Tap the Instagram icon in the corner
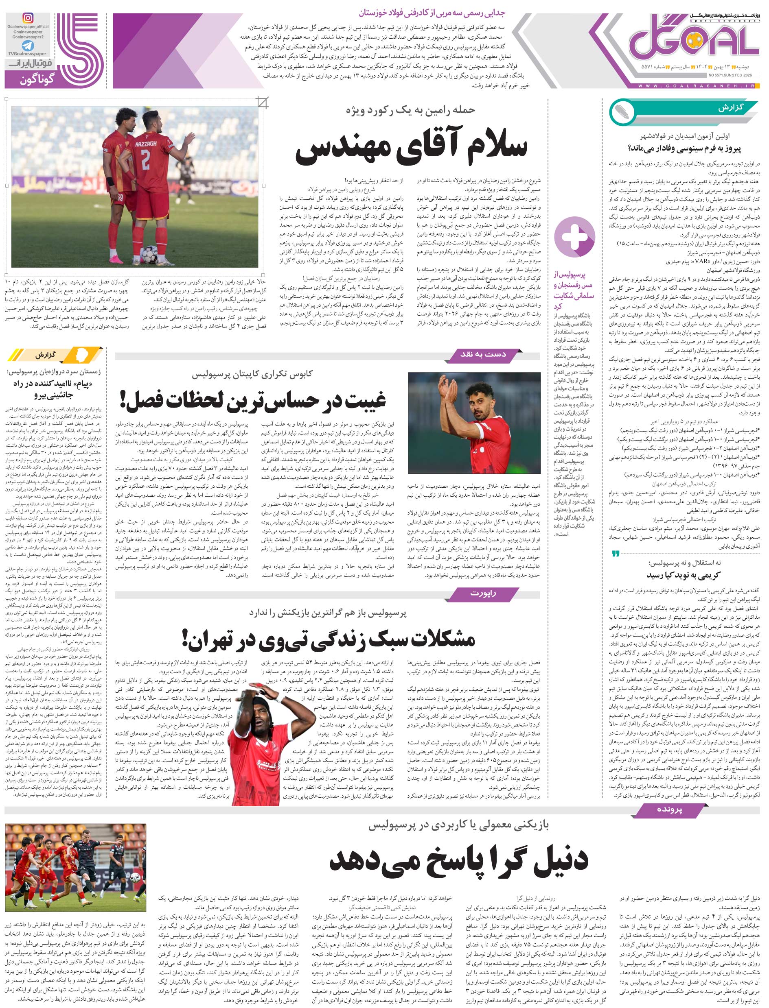tap(28, 18)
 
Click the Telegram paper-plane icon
tap(27, 46)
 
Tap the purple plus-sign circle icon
tap(574, 237)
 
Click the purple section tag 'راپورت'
tap(483, 593)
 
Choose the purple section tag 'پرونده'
tap(669, 809)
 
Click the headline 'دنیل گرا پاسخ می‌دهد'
tap(459, 860)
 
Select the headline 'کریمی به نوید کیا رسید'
tap(684, 575)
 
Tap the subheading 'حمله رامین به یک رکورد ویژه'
tap(411, 110)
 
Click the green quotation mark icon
tap(616, 554)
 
